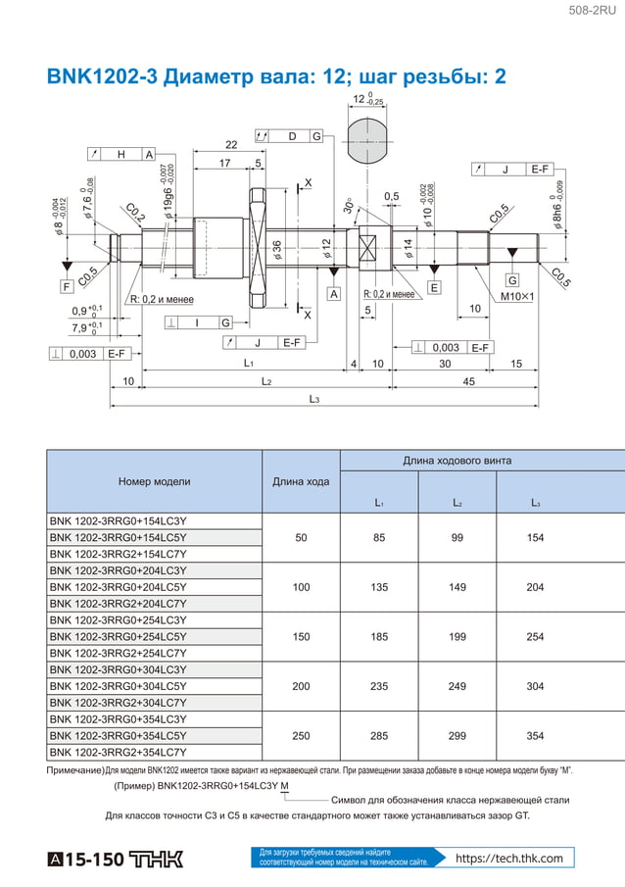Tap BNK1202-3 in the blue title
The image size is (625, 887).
103,77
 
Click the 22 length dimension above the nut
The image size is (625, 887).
231,145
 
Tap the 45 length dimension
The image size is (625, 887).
468,381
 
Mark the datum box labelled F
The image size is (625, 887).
67,287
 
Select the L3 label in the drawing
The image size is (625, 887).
313,399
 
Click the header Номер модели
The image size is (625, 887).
154,481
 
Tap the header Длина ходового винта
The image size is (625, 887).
457,461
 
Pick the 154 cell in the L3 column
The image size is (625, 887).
535,537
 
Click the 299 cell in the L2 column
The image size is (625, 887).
457,736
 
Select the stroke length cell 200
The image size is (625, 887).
301,686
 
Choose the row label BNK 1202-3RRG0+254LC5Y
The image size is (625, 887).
118,637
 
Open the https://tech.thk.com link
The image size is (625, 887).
509,859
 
